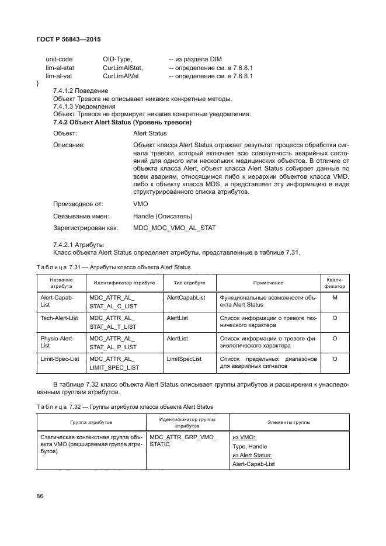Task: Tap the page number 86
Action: click(x=41, y=496)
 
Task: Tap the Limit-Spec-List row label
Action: click(x=60, y=359)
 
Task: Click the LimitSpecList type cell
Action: click(x=184, y=359)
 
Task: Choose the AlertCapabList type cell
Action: click(x=186, y=297)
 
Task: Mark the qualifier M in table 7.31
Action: click(x=335, y=297)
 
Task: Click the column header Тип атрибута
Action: click(x=189, y=283)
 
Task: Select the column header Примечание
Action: click(x=268, y=283)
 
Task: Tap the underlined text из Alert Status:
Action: click(x=252, y=455)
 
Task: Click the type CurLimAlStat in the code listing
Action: click(x=123, y=68)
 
